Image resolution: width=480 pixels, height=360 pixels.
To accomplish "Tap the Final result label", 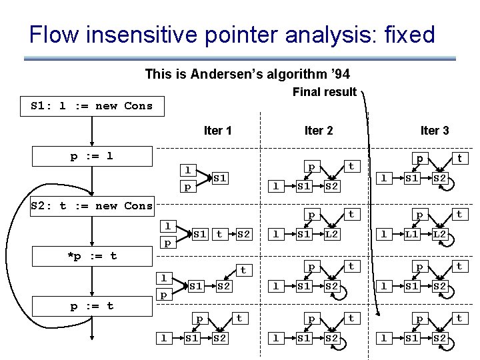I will click(325, 92).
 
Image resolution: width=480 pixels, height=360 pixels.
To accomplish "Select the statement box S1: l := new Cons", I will click(92, 106).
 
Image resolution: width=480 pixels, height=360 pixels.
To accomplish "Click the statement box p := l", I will click(92, 157).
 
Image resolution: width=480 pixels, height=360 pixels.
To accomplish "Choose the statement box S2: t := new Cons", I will click(92, 206).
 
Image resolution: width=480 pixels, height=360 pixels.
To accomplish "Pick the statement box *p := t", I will click(92, 255).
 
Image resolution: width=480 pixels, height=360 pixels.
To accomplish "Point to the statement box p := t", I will click(92, 306).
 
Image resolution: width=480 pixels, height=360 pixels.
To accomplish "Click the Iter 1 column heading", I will click(218, 131).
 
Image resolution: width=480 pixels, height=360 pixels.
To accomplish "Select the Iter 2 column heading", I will click(319, 131).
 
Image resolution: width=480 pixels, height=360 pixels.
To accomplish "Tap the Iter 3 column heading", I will click(434, 131).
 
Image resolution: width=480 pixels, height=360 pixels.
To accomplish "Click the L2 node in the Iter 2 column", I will click(332, 234).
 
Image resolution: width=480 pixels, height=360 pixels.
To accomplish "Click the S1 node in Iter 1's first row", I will click(221, 179).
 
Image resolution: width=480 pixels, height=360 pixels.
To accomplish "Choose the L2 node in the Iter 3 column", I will click(440, 234).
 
